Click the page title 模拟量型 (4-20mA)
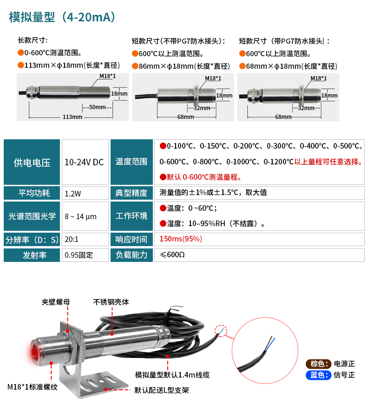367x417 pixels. click(x=62, y=17)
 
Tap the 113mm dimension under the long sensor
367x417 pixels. click(x=72, y=117)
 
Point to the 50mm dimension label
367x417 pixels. click(x=97, y=107)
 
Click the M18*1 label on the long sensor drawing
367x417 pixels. click(x=107, y=76)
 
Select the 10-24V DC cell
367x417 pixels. click(x=85, y=162)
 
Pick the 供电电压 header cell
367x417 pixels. click(x=32, y=162)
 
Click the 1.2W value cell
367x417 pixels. click(x=85, y=193)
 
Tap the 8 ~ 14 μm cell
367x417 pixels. click(x=85, y=216)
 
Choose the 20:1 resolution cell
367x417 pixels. click(x=85, y=239)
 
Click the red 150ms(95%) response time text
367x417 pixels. click(x=181, y=239)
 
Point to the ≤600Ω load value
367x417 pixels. click(x=172, y=255)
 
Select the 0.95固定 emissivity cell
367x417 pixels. click(x=85, y=255)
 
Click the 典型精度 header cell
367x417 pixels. click(x=131, y=193)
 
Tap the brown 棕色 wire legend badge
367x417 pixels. click(x=318, y=364)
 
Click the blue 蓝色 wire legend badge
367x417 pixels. click(x=318, y=375)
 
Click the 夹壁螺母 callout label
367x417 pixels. click(x=56, y=302)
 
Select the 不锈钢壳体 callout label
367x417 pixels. click(x=111, y=302)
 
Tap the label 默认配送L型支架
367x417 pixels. click(x=162, y=390)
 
